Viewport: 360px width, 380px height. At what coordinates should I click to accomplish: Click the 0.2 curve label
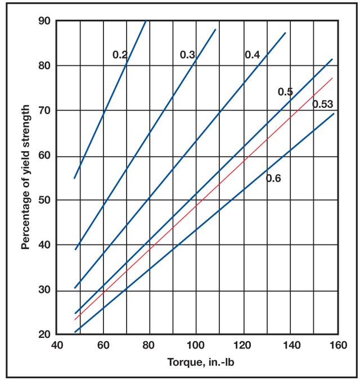tap(120, 55)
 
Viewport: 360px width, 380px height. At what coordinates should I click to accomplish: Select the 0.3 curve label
tap(187, 55)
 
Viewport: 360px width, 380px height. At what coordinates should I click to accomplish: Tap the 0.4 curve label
tap(251, 55)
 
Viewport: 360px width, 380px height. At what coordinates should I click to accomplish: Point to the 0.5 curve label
tap(285, 92)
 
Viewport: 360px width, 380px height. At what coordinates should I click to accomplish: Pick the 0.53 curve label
tap(323, 103)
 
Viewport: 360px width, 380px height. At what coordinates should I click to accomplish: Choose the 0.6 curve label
tap(273, 179)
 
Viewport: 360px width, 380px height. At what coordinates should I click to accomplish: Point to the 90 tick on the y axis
tap(44, 21)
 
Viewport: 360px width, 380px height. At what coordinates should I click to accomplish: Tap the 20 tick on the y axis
tap(44, 335)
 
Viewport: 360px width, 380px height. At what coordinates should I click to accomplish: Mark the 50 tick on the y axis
tap(44, 201)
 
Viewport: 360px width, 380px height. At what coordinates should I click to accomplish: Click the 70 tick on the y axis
tap(44, 111)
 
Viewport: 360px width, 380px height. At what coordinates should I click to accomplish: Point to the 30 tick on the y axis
tap(44, 291)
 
